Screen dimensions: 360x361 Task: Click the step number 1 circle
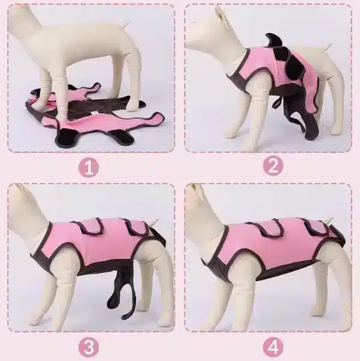89,167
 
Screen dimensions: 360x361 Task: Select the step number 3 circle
89,347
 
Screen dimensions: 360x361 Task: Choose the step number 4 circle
273,347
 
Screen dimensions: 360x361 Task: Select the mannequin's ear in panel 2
220,14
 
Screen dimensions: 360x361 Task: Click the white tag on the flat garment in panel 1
94,113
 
